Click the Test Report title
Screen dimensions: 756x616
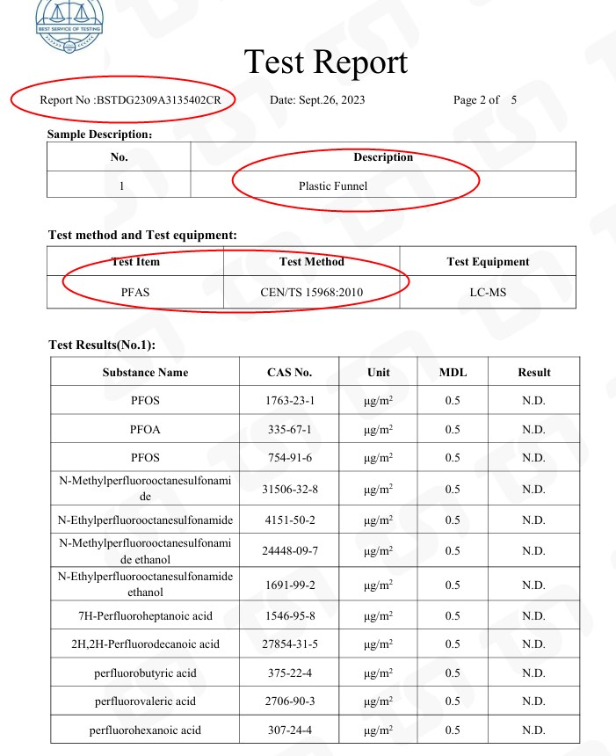(326, 62)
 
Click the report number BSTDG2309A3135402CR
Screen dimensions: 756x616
(128, 100)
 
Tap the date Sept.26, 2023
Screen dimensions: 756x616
(317, 100)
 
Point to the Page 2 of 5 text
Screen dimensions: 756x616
(484, 100)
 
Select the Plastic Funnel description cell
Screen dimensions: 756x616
(332, 186)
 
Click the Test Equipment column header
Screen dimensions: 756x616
(488, 262)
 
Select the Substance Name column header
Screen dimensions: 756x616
(145, 373)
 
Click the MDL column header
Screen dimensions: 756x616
(453, 373)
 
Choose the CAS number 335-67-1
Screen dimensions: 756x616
(289, 430)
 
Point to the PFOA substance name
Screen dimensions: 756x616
(145, 430)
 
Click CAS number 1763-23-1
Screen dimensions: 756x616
(289, 401)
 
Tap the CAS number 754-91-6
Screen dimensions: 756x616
(289, 458)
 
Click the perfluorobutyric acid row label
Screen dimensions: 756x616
(145, 673)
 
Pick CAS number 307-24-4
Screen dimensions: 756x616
(289, 731)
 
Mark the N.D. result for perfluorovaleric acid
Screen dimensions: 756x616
(533, 701)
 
